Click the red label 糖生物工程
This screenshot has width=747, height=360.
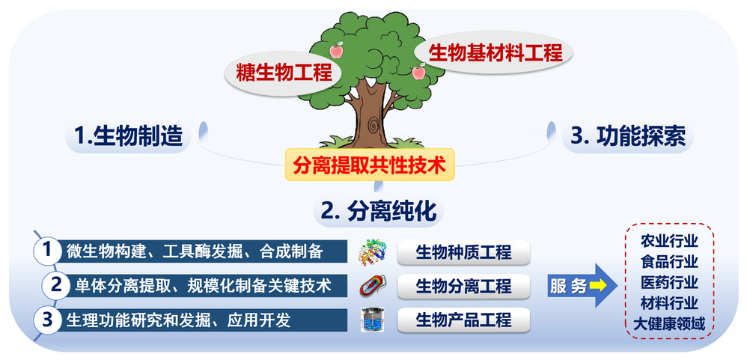[284, 74]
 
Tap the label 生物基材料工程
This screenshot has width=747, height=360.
[496, 52]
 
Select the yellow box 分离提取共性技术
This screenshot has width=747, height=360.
[371, 165]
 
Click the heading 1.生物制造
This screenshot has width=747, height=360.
[129, 136]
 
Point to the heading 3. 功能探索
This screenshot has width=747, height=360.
[629, 137]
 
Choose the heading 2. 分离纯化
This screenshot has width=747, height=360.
[379, 211]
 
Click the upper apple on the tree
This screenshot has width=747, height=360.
[337, 49]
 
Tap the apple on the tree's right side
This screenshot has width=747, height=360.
[418, 71]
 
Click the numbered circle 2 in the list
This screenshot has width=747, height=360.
[56, 284]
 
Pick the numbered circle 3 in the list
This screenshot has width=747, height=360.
[46, 320]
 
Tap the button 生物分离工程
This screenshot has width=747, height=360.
[463, 286]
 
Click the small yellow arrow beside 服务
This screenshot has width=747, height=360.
[598, 286]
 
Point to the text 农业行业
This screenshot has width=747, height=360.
[669, 241]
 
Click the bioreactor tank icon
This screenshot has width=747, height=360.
[373, 320]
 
